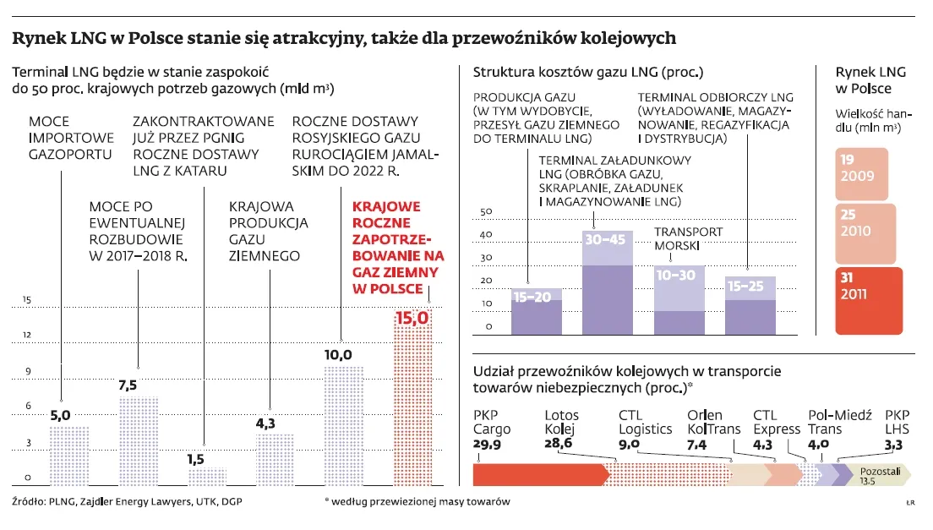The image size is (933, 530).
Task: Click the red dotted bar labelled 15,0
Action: pos(413,397)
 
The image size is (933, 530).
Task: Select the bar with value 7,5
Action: pos(138,441)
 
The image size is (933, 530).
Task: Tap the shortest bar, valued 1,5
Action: pos(206,476)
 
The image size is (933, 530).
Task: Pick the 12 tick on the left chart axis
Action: pos(27,336)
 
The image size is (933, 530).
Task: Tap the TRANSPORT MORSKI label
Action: pos(688,239)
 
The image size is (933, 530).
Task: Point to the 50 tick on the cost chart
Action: pos(485,212)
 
